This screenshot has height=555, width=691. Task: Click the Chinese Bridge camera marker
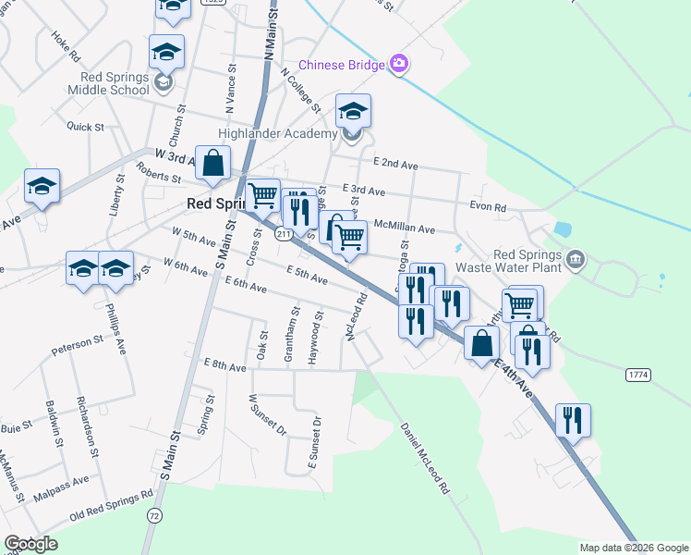tap(399, 63)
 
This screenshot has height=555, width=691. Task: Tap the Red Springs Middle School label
tap(109, 83)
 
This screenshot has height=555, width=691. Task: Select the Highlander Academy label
tap(278, 134)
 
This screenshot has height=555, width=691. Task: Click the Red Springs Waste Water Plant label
tap(527, 262)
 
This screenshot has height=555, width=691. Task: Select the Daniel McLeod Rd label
tap(425, 457)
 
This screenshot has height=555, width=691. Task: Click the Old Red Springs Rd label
tap(111, 505)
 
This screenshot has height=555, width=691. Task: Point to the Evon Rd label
tap(488, 208)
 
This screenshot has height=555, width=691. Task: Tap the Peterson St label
tap(78, 342)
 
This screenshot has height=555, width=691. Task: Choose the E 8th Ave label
tap(225, 366)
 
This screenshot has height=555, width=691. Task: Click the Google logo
tap(30, 544)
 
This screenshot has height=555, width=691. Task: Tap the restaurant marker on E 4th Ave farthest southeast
tap(573, 420)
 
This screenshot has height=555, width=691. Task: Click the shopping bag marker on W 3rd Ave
tap(213, 163)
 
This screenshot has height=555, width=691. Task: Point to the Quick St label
tap(85, 126)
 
